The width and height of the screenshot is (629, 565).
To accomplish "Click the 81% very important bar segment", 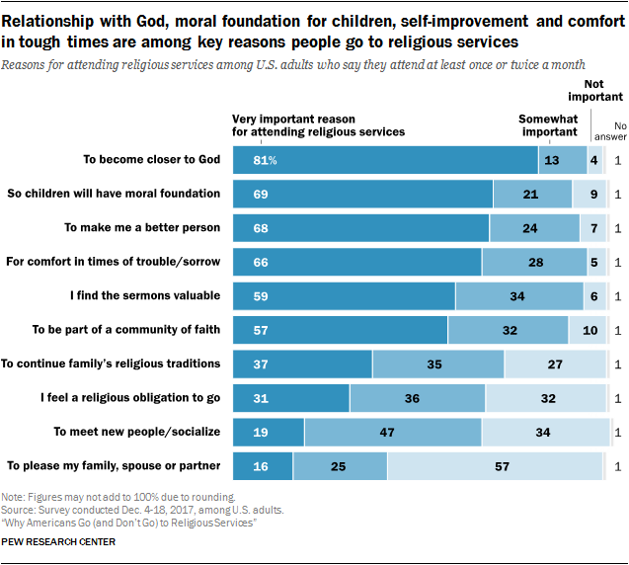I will (385, 160).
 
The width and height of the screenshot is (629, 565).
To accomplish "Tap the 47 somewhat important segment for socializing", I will (392, 432).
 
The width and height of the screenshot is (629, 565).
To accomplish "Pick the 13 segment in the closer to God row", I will (552, 160).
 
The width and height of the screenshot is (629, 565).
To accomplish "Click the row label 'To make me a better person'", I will (142, 227).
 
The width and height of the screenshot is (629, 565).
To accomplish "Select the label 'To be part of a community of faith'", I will (126, 329).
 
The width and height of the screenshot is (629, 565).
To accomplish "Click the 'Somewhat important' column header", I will (548, 125).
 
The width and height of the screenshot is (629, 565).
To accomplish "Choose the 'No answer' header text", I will (620, 131).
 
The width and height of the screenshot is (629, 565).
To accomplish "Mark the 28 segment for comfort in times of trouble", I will (536, 262).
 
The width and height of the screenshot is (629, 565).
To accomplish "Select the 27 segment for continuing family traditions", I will (555, 363).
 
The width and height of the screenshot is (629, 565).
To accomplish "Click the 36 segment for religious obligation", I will (417, 397).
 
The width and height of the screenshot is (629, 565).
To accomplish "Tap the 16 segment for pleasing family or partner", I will (263, 465).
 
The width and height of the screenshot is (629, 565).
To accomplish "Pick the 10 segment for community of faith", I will (589, 330).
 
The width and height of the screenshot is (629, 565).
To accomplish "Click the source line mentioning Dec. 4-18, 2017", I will (143, 510).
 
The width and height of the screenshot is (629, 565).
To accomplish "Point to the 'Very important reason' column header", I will (318, 125).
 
